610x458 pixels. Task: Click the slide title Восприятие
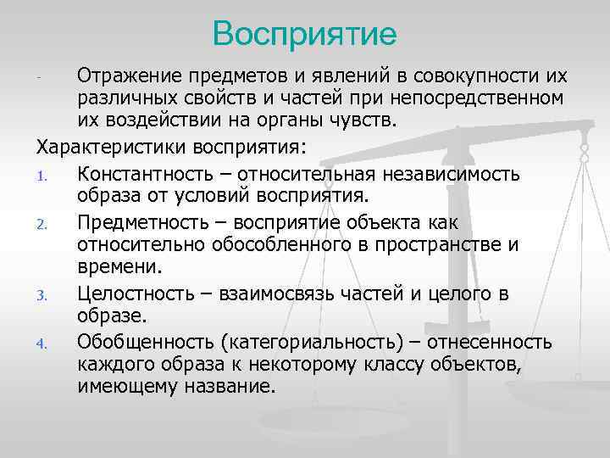305,34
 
